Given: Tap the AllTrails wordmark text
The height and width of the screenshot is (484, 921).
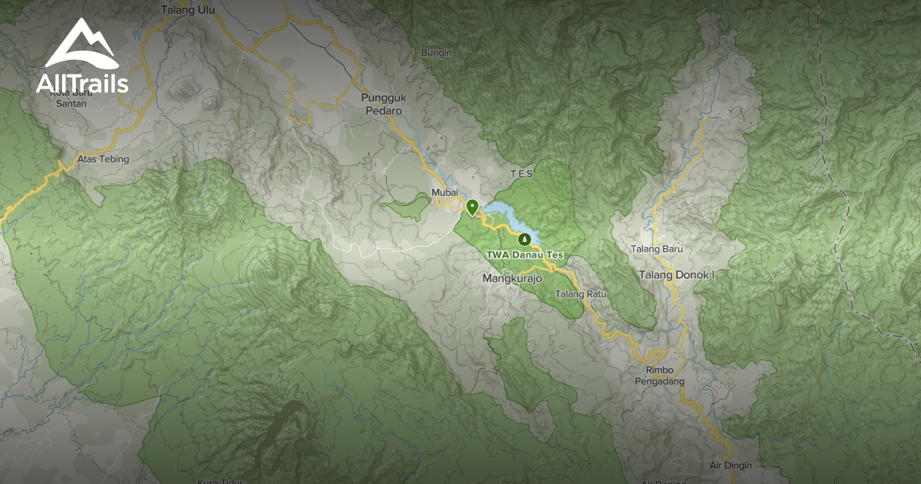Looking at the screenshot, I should click(82, 83).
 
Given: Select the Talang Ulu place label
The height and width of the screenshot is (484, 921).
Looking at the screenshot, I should click(188, 11).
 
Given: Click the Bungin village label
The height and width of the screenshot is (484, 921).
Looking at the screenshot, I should click(437, 53).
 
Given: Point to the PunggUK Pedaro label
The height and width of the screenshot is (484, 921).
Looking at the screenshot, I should click(381, 104).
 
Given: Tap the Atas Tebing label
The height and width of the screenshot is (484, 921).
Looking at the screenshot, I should click(104, 160).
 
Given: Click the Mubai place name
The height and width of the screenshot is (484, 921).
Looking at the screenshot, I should click(444, 193).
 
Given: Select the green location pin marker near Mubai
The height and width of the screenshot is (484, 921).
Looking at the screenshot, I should click(472, 207).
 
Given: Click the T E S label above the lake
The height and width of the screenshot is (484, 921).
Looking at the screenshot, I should click(521, 174).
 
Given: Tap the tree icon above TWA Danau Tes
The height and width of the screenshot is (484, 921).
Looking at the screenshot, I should click(525, 240).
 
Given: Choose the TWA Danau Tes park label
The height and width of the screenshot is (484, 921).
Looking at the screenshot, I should click(525, 255).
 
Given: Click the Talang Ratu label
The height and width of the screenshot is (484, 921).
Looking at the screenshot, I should click(581, 294).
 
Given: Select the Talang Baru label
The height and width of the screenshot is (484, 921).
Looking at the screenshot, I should click(656, 250).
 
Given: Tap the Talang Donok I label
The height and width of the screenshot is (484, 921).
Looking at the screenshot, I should click(676, 274).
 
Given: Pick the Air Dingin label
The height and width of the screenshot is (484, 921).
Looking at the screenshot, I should click(731, 466).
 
